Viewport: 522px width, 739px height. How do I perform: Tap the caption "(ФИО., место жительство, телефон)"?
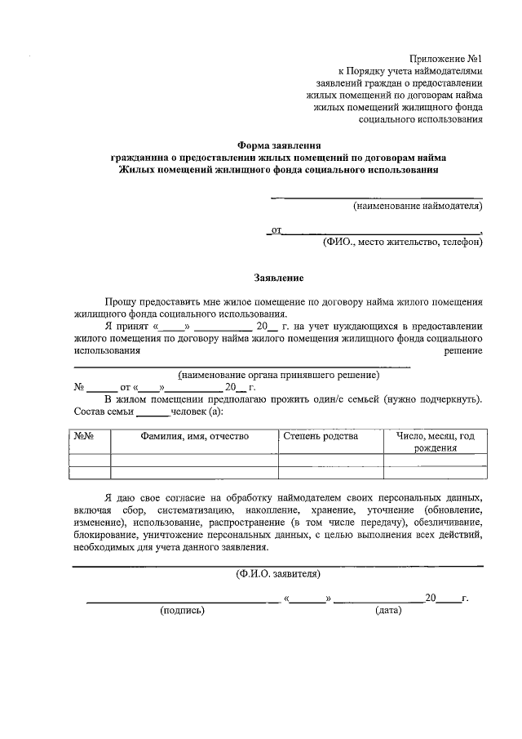[402, 242]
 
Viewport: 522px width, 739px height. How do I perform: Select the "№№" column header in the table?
[83, 436]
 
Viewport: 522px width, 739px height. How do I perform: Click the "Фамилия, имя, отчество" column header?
[194, 436]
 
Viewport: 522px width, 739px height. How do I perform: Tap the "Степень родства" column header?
[321, 436]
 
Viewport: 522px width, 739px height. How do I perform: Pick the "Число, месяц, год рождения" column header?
[436, 442]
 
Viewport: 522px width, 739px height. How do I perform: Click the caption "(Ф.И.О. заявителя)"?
[278, 573]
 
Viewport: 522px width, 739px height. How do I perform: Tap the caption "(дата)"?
[388, 609]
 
